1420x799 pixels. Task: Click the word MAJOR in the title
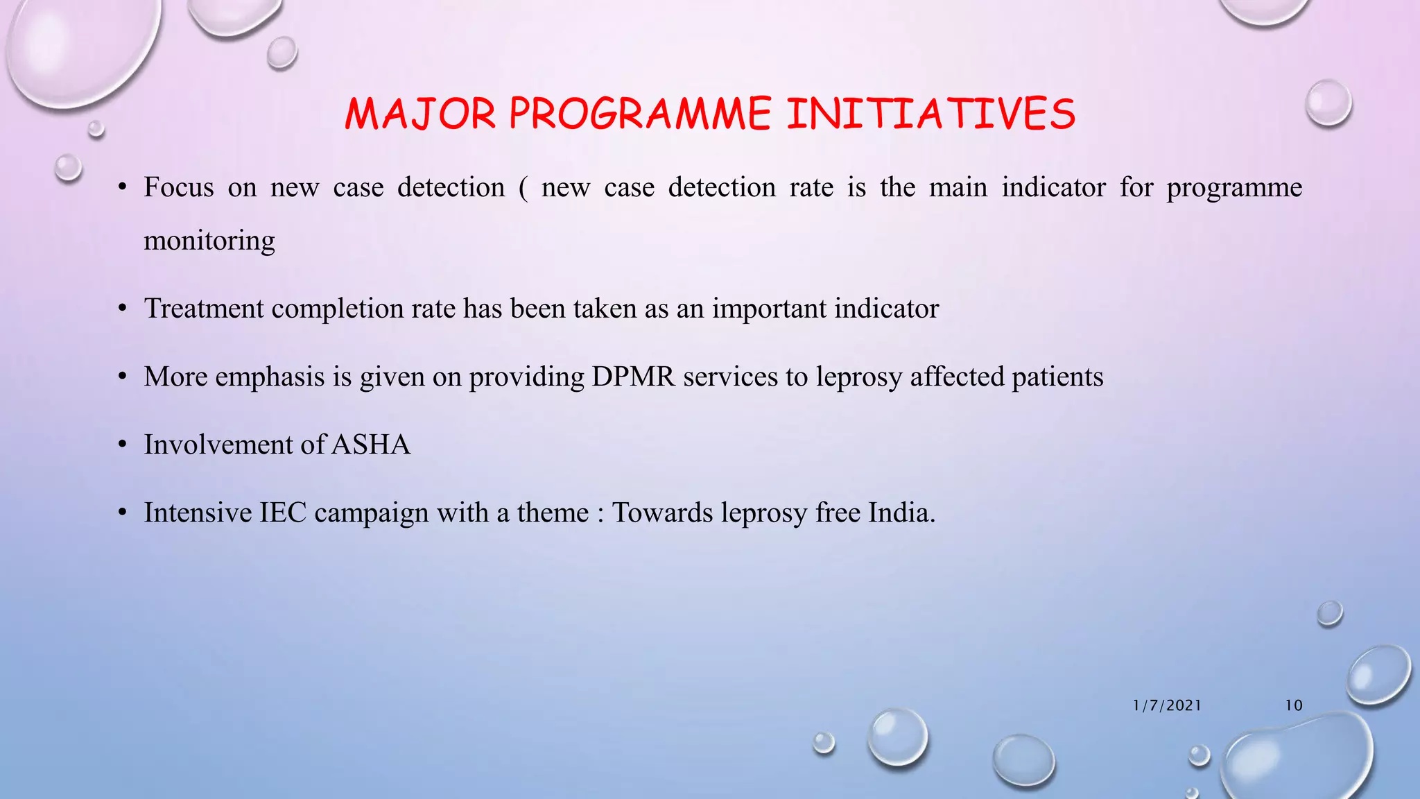tap(420, 114)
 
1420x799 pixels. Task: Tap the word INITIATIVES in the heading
tap(930, 114)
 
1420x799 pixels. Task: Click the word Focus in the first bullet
tap(179, 187)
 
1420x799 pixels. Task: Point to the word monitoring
tap(209, 241)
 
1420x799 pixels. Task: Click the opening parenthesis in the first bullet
tap(523, 188)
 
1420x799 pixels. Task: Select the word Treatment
tap(204, 309)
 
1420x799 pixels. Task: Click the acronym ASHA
tap(371, 445)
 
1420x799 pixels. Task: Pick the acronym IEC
tap(283, 513)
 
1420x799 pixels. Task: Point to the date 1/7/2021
tap(1167, 705)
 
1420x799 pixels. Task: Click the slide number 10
tap(1294, 705)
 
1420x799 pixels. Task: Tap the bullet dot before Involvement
tap(123, 445)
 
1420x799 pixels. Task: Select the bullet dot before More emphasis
tap(123, 377)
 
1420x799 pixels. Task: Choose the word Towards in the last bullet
tap(662, 513)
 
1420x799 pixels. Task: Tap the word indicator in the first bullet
tap(1053, 187)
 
